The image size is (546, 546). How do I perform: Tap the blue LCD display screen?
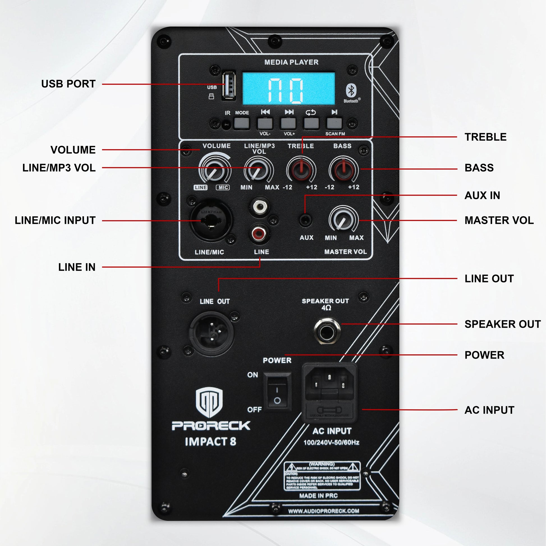(288, 88)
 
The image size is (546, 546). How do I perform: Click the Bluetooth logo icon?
(351, 91)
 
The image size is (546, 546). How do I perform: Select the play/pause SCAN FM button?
(334, 123)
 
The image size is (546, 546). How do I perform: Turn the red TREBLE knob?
(301, 169)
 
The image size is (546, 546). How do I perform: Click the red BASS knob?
(343, 169)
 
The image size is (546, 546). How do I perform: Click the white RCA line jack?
(259, 207)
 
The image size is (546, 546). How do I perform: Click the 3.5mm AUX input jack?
(305, 220)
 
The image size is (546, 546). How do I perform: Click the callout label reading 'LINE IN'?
(77, 267)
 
